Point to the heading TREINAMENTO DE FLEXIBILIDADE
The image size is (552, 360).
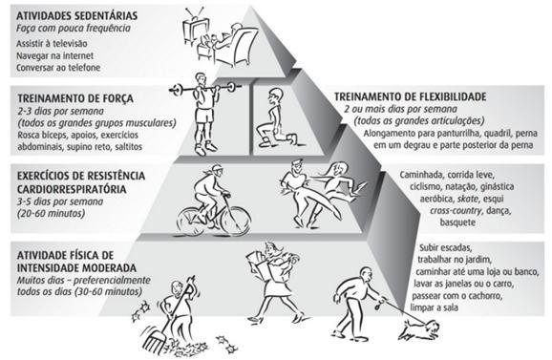(x=411, y=96)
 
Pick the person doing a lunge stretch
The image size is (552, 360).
(x=274, y=113)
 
